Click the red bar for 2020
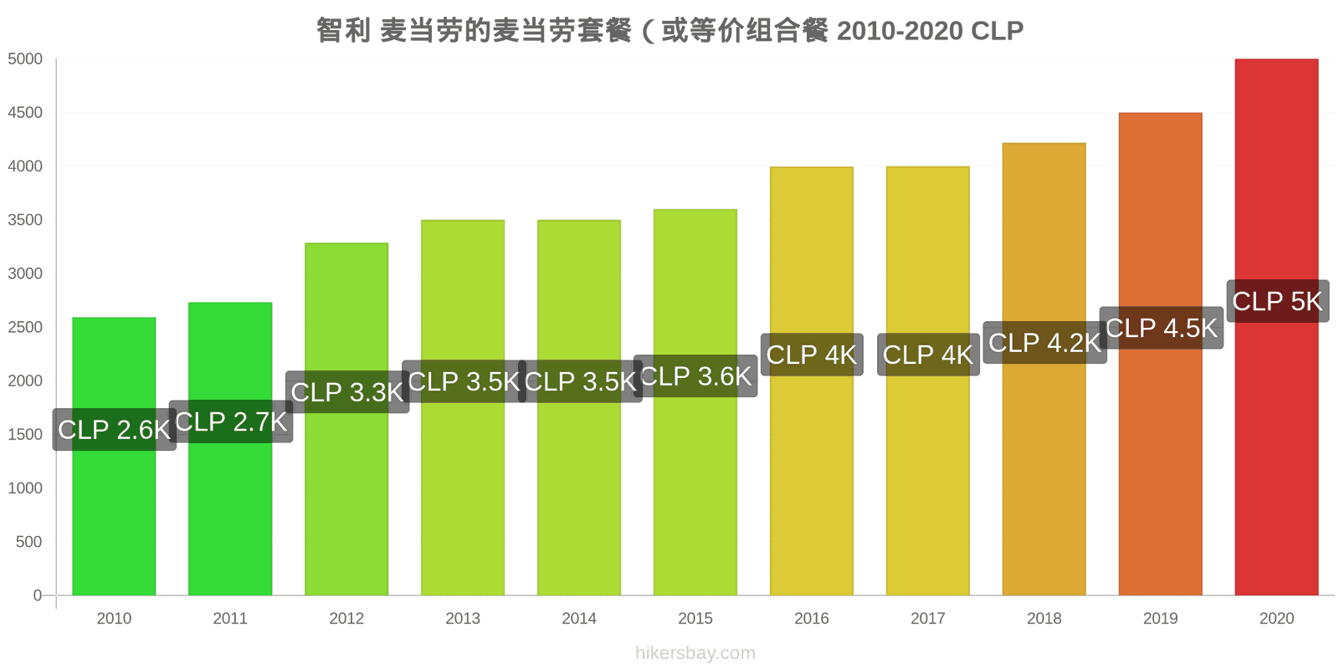click(1276, 327)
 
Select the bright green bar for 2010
click(114, 457)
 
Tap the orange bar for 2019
click(1160, 354)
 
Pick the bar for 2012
click(346, 419)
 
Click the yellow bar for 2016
click(812, 381)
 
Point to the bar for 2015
click(695, 402)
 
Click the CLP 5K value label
click(1278, 301)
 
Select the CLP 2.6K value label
click(114, 430)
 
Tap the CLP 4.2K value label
click(1045, 342)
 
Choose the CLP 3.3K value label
click(347, 392)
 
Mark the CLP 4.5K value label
click(1162, 327)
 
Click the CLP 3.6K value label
click(695, 375)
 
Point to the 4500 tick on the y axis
click(25, 112)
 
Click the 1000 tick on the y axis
click(25, 488)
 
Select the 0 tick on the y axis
click(38, 595)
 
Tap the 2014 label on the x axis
click(579, 618)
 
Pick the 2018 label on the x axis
click(1044, 618)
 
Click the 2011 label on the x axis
click(230, 618)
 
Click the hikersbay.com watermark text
click(695, 653)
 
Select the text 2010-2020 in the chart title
click(900, 30)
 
